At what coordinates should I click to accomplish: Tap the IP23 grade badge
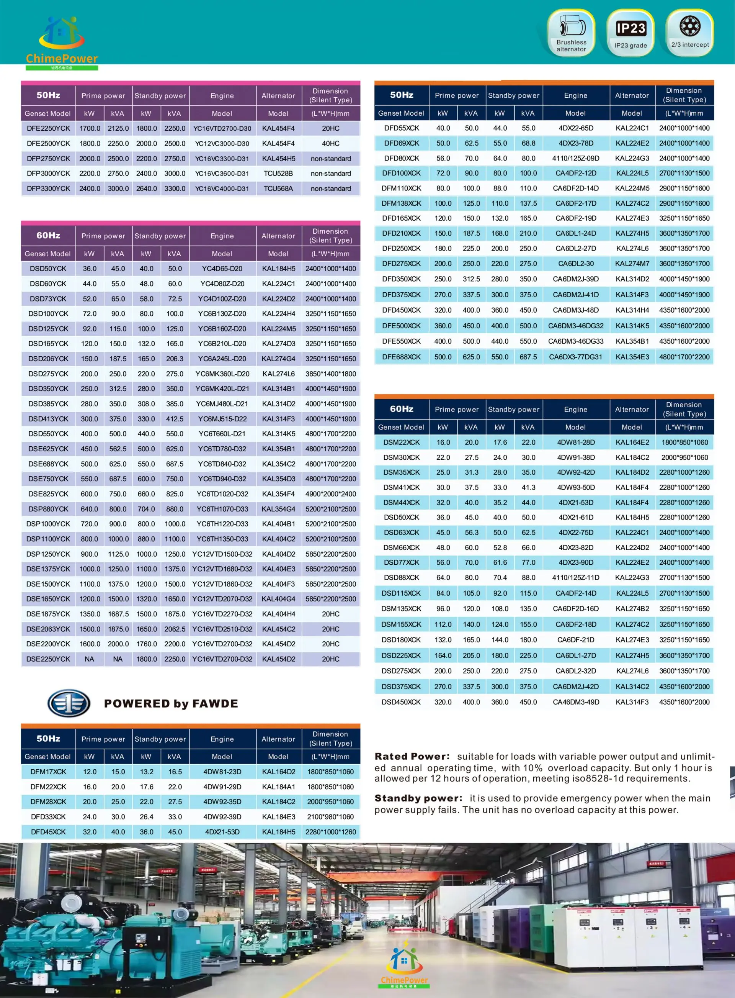point(630,33)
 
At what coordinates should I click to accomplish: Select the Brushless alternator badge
point(571,33)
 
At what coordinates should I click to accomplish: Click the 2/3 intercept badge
point(689,32)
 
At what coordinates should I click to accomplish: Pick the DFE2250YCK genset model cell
point(48,128)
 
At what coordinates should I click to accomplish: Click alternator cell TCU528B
point(278,174)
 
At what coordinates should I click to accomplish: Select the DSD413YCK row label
point(48,419)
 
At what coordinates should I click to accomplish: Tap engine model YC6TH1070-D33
point(222,509)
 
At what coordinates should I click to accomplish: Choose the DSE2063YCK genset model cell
point(48,629)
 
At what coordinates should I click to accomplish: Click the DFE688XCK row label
point(401,357)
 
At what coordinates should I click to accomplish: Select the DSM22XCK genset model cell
point(401,442)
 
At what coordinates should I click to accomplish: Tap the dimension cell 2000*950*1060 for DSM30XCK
point(684,457)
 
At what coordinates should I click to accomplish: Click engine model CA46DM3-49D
point(576,702)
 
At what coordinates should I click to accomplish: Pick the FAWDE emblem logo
point(69,703)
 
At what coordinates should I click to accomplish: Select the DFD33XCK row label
point(48,817)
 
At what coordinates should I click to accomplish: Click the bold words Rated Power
point(412,756)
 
